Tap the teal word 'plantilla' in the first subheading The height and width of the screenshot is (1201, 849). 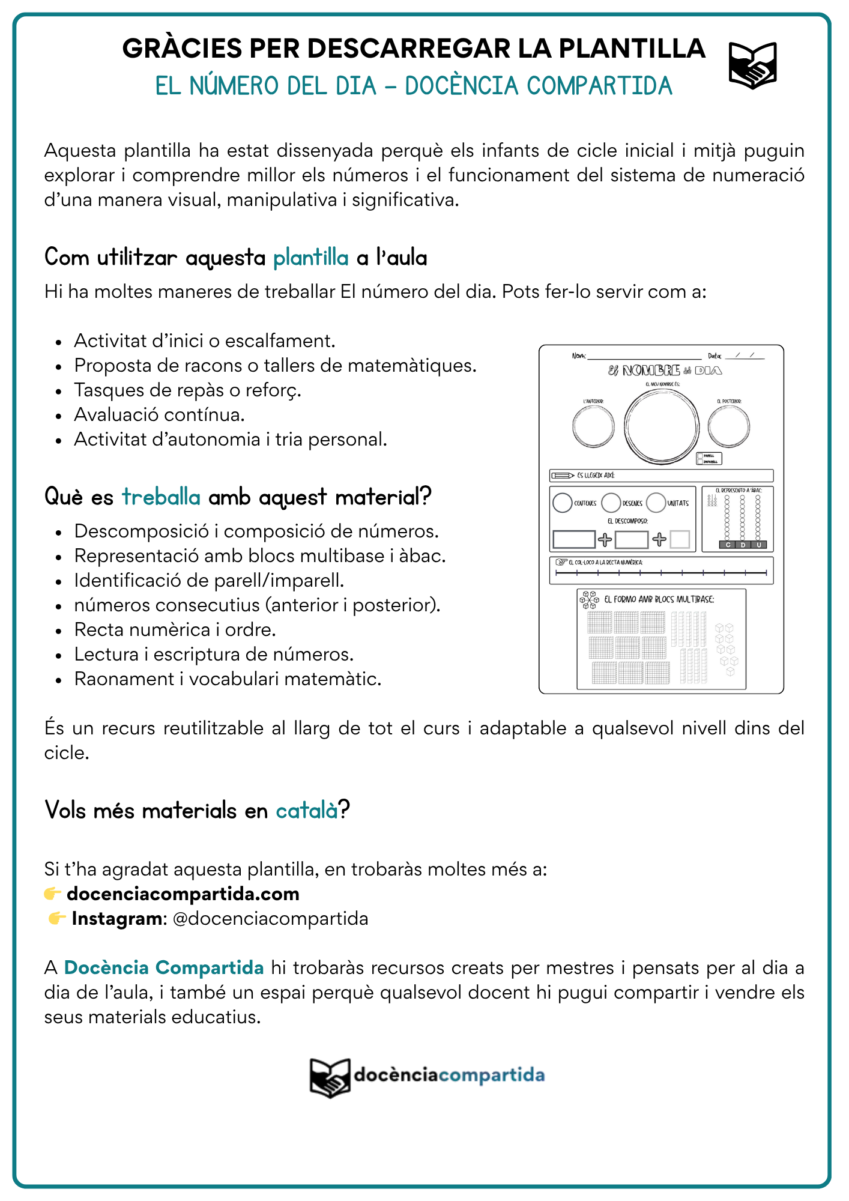point(310,258)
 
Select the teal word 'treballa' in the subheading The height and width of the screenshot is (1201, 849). point(161,497)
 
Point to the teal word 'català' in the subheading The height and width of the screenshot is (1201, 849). point(307,811)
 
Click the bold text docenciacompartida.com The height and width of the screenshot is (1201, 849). point(183,894)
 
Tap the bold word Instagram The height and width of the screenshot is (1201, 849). point(116,918)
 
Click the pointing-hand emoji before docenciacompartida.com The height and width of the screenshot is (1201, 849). point(53,894)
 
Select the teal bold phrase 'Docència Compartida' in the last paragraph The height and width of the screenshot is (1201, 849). point(164,967)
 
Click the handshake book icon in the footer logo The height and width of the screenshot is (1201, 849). point(330,1077)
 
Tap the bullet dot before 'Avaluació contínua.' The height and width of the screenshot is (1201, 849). point(58,416)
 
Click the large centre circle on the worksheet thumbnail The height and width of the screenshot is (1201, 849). point(661,427)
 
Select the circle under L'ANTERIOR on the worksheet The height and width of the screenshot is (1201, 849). point(593,426)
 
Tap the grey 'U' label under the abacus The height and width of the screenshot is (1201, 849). point(759,545)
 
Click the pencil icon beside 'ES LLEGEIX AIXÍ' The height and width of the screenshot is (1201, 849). point(563,476)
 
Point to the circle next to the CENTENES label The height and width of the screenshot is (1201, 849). point(563,503)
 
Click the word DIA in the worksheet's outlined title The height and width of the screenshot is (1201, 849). point(709,371)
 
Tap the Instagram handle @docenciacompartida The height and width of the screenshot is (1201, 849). point(270,918)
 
